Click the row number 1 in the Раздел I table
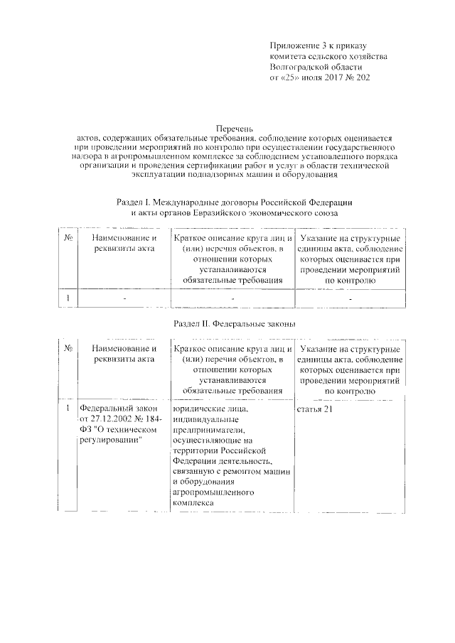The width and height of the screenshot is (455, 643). (66, 298)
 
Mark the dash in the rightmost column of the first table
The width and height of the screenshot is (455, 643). (350, 298)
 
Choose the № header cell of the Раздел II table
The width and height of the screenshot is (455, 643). (66, 350)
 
